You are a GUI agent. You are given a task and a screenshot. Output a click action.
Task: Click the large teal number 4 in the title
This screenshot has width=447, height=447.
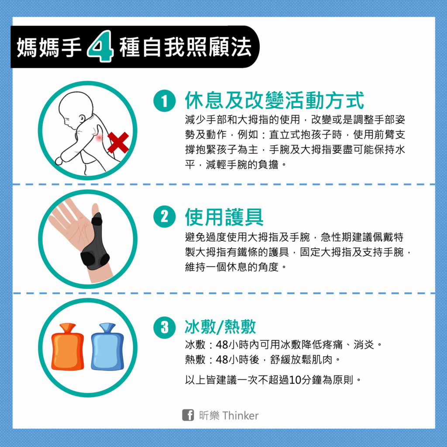(x=100, y=46)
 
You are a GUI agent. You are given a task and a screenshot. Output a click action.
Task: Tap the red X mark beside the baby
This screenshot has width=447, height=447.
(x=118, y=143)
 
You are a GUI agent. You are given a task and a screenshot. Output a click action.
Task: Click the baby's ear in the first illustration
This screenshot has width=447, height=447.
(x=82, y=118)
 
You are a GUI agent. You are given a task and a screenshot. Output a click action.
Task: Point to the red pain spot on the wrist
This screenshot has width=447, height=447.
(x=99, y=138)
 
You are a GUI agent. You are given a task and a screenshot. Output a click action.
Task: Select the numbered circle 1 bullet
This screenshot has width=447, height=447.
(x=165, y=101)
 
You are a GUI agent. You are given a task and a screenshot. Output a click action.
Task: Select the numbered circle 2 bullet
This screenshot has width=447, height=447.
(x=165, y=217)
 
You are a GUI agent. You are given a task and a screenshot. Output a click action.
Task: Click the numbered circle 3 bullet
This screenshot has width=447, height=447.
(x=165, y=327)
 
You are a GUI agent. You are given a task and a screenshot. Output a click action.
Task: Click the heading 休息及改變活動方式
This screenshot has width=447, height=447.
(x=274, y=100)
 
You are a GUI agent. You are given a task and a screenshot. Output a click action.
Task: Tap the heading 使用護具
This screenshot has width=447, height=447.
(x=224, y=217)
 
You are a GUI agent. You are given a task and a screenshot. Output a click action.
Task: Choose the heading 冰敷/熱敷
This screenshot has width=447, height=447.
(x=220, y=327)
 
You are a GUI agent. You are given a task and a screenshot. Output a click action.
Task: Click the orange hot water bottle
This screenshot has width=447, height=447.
(x=68, y=347)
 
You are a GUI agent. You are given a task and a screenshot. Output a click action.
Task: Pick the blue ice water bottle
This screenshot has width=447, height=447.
(x=107, y=347)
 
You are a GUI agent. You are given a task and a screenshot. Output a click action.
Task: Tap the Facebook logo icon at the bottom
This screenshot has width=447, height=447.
(x=188, y=415)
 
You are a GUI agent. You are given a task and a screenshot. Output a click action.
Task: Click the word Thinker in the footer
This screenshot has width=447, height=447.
(x=241, y=416)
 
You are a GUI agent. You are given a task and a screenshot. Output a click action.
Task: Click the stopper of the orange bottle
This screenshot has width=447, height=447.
(x=68, y=327)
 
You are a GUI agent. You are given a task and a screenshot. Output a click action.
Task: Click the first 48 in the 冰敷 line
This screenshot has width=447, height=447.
(x=222, y=345)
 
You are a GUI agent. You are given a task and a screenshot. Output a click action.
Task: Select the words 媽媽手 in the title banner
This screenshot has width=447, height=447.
(x=49, y=47)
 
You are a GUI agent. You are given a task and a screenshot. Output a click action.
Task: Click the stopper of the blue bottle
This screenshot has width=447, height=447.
(x=107, y=327)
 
